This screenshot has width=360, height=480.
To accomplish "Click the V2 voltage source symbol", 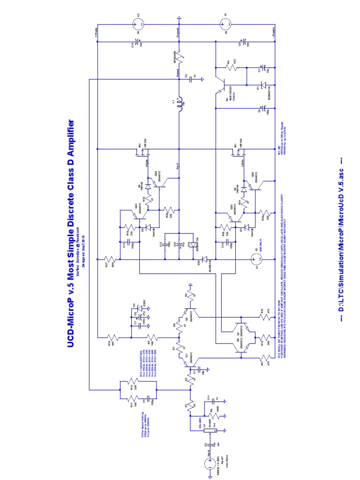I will coord(139,22).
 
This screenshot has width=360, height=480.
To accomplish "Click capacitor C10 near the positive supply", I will coord(139,44).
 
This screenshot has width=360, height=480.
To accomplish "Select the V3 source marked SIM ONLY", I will coord(256,259).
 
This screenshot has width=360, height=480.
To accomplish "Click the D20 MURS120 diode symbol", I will coord(205,259).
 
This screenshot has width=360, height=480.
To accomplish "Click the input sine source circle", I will coord(210,464).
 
